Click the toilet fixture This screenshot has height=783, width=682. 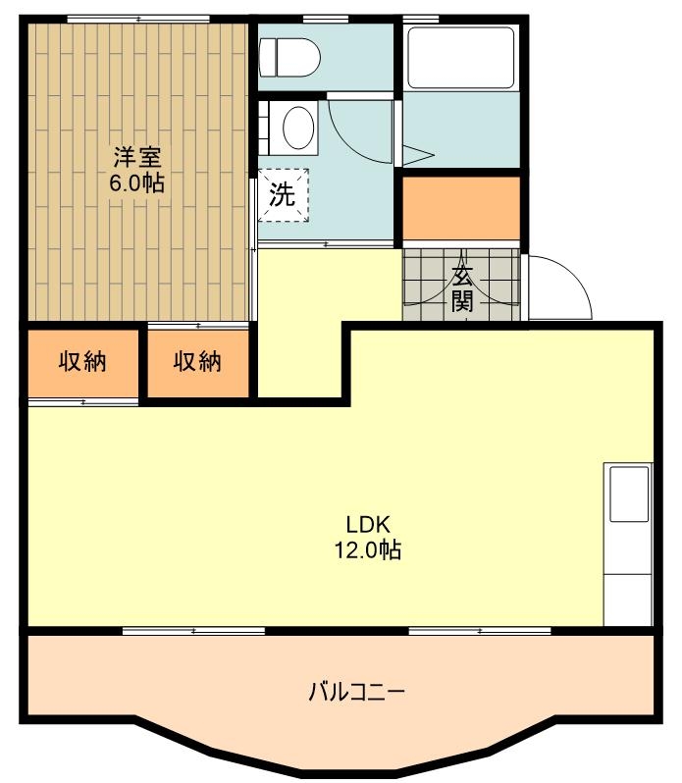289,58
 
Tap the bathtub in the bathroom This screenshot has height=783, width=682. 461,58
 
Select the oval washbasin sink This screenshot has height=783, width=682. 298,127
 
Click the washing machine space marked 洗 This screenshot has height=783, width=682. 283,194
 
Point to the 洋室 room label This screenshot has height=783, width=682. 137,157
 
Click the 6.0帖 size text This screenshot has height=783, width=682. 137,183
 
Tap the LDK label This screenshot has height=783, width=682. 368,525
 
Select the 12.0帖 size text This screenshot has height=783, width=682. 368,549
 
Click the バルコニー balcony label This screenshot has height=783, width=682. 356,692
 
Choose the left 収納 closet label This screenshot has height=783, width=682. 82,361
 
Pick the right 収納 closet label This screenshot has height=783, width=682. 197,361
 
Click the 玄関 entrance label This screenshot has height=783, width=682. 462,288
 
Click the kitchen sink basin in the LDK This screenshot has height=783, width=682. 629,494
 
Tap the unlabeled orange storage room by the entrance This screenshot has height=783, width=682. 461,208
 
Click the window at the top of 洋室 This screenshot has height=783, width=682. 138,19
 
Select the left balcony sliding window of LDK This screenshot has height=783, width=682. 193,631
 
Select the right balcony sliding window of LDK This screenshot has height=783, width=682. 480,631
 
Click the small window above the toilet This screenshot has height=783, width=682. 326,19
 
